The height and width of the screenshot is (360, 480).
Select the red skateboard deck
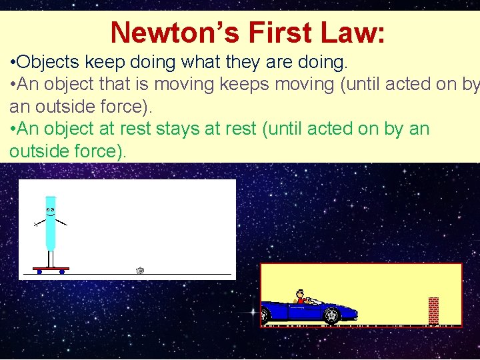51,269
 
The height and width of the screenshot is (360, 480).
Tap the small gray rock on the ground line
140,270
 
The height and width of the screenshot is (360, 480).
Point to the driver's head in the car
301,293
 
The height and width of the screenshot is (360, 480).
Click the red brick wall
433,310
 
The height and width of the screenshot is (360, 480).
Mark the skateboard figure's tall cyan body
51,223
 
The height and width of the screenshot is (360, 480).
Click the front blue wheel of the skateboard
62,272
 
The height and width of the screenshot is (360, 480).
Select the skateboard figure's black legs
50,259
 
